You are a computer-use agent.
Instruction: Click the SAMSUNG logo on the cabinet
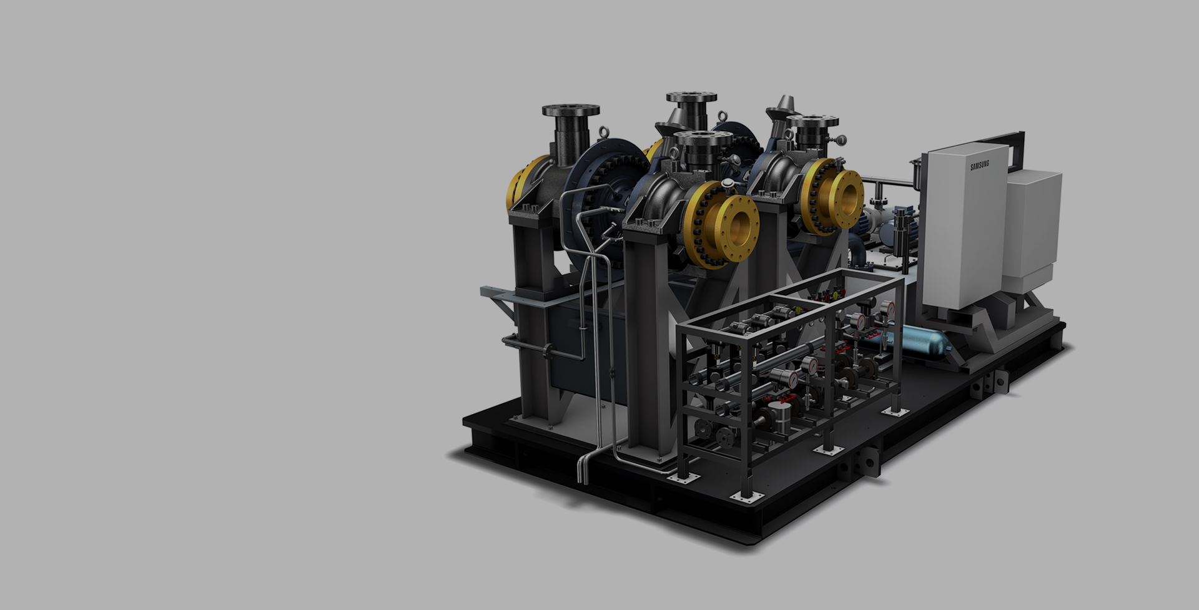point(980,165)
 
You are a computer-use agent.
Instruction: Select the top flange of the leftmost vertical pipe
point(571,111)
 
